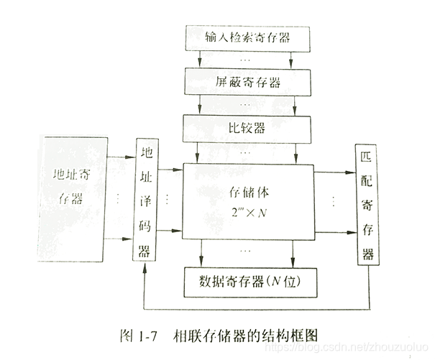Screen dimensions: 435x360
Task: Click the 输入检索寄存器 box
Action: pyautogui.click(x=247, y=36)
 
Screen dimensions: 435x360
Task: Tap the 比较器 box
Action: pyautogui.click(x=247, y=127)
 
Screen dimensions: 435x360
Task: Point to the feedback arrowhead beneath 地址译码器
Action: pyautogui.click(x=146, y=268)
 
